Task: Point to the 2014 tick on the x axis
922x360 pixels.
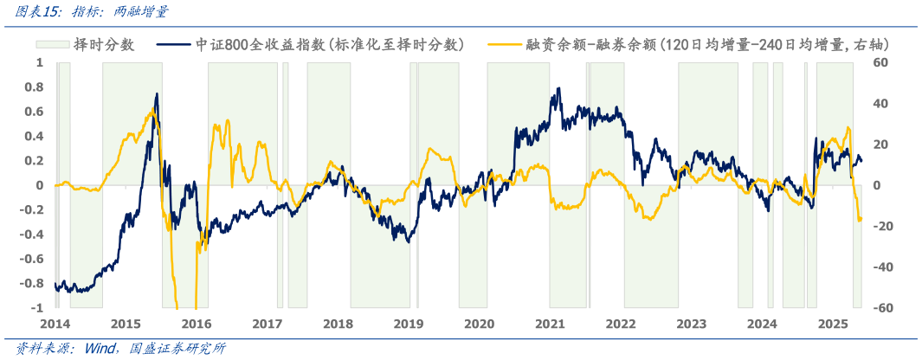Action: [55, 324]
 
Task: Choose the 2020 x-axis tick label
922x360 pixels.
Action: [479, 324]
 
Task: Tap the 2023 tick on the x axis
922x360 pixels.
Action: [691, 324]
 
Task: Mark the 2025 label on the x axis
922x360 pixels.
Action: [833, 324]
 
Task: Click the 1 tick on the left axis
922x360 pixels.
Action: [39, 62]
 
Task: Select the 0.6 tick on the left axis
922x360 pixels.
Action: [34, 112]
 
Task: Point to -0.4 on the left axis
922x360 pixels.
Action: [31, 235]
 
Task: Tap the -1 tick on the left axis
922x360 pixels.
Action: [36, 308]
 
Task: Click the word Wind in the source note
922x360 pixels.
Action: [102, 349]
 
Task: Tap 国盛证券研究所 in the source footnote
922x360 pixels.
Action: [178, 349]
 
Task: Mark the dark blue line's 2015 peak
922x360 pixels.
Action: [158, 93]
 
